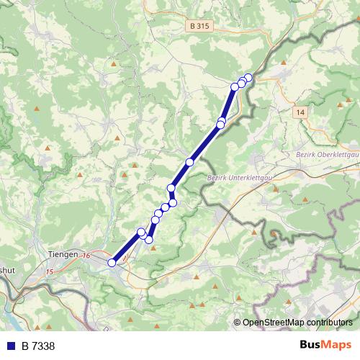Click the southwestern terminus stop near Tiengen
112,263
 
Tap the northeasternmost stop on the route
248,77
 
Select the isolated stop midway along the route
190,162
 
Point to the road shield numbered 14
300,112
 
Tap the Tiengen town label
63,255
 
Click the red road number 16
86,256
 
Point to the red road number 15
49,271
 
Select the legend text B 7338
37,346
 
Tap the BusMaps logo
325,346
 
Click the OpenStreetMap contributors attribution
297,322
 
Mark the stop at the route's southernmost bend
149,239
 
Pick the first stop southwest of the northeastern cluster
235,87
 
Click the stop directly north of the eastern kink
171,189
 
